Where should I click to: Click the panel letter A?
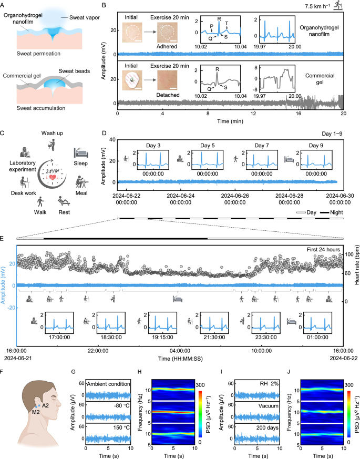[x=4, y=5]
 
